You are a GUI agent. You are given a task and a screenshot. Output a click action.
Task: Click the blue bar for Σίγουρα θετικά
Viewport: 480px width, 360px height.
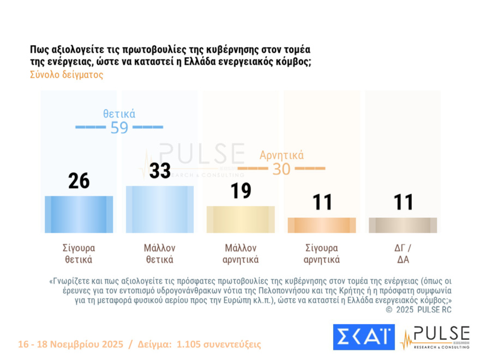[x=79, y=214]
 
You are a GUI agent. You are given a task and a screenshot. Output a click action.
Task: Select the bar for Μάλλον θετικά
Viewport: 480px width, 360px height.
[x=160, y=209]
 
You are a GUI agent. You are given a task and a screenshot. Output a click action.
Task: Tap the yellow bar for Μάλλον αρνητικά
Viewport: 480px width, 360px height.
[x=241, y=219]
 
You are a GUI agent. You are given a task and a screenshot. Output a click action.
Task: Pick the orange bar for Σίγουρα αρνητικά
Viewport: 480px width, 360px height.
[x=321, y=225]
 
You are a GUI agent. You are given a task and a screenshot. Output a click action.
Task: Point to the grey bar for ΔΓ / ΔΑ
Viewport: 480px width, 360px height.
[x=403, y=225]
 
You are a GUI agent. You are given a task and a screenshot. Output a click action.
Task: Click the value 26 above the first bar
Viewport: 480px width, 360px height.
[x=79, y=181]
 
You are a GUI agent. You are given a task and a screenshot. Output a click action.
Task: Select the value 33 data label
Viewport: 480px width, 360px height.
[x=160, y=170]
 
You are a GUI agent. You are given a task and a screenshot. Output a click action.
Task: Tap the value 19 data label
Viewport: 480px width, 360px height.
[x=241, y=190]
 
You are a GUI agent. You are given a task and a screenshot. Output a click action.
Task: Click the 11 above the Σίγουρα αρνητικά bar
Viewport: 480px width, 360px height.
[x=322, y=202]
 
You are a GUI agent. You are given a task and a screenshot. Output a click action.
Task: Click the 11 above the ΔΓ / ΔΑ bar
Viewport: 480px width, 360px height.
[x=403, y=202]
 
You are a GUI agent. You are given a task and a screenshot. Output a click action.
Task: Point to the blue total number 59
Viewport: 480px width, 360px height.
[x=119, y=128]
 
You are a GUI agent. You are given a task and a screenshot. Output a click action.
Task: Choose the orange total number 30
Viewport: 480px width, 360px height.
[x=281, y=169]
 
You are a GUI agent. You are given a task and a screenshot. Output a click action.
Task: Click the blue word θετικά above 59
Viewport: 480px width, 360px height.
[x=119, y=114]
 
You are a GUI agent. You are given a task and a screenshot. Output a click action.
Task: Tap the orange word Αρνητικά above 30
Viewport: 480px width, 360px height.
[x=281, y=155]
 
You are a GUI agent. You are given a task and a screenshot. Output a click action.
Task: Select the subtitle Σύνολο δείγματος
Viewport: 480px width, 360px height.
[x=67, y=75]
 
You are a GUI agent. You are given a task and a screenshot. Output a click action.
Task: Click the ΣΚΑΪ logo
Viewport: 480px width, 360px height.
[x=363, y=337]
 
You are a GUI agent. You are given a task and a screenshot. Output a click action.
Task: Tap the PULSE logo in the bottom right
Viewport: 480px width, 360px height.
[x=435, y=337]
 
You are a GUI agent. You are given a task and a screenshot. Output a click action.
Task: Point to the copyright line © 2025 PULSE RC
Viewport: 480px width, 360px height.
[x=419, y=310]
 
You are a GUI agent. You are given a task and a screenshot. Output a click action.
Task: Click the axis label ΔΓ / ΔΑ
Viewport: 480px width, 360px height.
[x=403, y=254]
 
